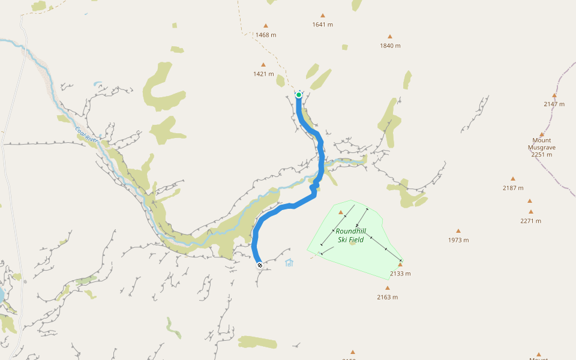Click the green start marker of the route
299,95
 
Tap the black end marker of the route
259,265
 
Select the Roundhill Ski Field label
350,235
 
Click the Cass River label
86,134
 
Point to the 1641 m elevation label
322,25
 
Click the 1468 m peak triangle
266,26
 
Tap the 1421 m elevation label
263,74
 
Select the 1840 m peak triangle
390,37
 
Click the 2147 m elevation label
554,104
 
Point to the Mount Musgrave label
541,143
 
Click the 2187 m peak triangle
513,179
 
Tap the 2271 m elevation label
531,221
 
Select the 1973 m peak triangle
458,231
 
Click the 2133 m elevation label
400,274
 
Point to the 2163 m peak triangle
388,288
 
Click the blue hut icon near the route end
289,262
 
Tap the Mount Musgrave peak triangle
542,134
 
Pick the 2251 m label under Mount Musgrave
541,154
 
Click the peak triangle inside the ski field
341,212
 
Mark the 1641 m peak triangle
322,16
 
